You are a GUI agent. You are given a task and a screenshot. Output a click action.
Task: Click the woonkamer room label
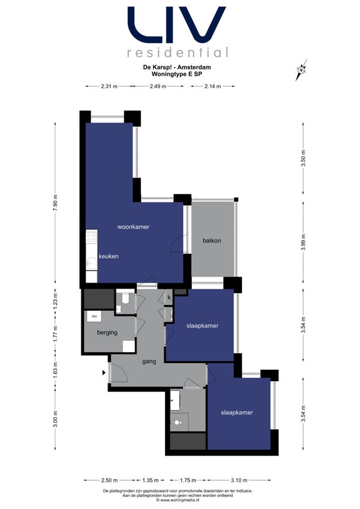pyautogui.click(x=133, y=227)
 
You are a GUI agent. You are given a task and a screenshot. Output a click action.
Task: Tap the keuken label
pyautogui.click(x=109, y=256)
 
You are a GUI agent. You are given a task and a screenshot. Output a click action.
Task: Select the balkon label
pyautogui.click(x=212, y=241)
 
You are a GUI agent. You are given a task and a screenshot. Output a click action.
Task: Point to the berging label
pyautogui.click(x=107, y=333)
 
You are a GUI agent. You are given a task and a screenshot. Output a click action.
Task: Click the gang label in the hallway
pyautogui.click(x=149, y=361)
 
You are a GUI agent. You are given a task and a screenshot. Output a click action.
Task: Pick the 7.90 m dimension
pyautogui.click(x=55, y=202)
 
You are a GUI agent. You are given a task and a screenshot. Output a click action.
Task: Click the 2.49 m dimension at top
pyautogui.click(x=158, y=86)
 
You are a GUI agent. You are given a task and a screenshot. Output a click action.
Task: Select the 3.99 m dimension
pyautogui.click(x=303, y=242)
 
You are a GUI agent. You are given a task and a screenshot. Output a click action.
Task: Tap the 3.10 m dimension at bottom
pyautogui.click(x=239, y=480)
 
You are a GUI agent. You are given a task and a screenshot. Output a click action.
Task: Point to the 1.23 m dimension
pyautogui.click(x=55, y=301)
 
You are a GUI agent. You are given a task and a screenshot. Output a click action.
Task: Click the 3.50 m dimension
pyautogui.click(x=303, y=158)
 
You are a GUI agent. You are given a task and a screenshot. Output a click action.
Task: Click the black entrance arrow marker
pyautogui.click(x=104, y=373)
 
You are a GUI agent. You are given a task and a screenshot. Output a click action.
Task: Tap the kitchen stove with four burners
pyautogui.click(x=92, y=236)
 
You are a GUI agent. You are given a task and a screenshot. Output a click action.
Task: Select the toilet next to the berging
pyautogui.click(x=125, y=298)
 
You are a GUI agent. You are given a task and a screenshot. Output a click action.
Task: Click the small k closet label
pyautogui.click(x=169, y=297)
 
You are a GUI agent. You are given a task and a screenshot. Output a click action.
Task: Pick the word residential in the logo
pyautogui.click(x=178, y=52)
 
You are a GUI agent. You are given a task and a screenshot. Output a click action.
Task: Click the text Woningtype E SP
pyautogui.click(x=177, y=74)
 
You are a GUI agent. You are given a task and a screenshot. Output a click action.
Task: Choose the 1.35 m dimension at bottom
pyautogui.click(x=151, y=480)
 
